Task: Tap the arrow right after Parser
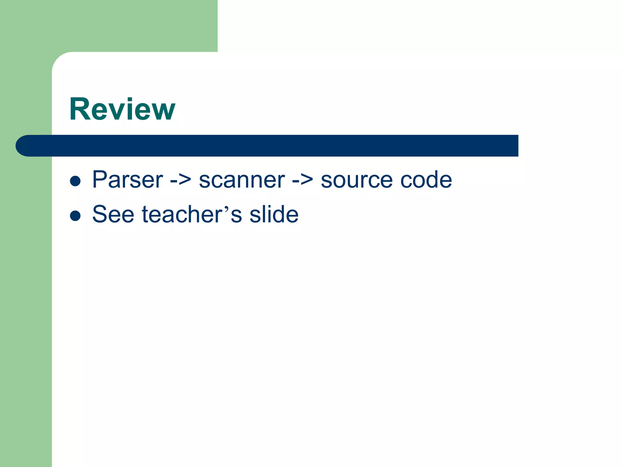click(x=181, y=180)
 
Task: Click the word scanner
click(x=242, y=180)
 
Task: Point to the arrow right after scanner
click(x=302, y=180)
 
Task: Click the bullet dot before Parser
click(x=75, y=181)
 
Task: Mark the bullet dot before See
click(x=75, y=216)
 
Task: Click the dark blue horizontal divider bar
click(x=273, y=146)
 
